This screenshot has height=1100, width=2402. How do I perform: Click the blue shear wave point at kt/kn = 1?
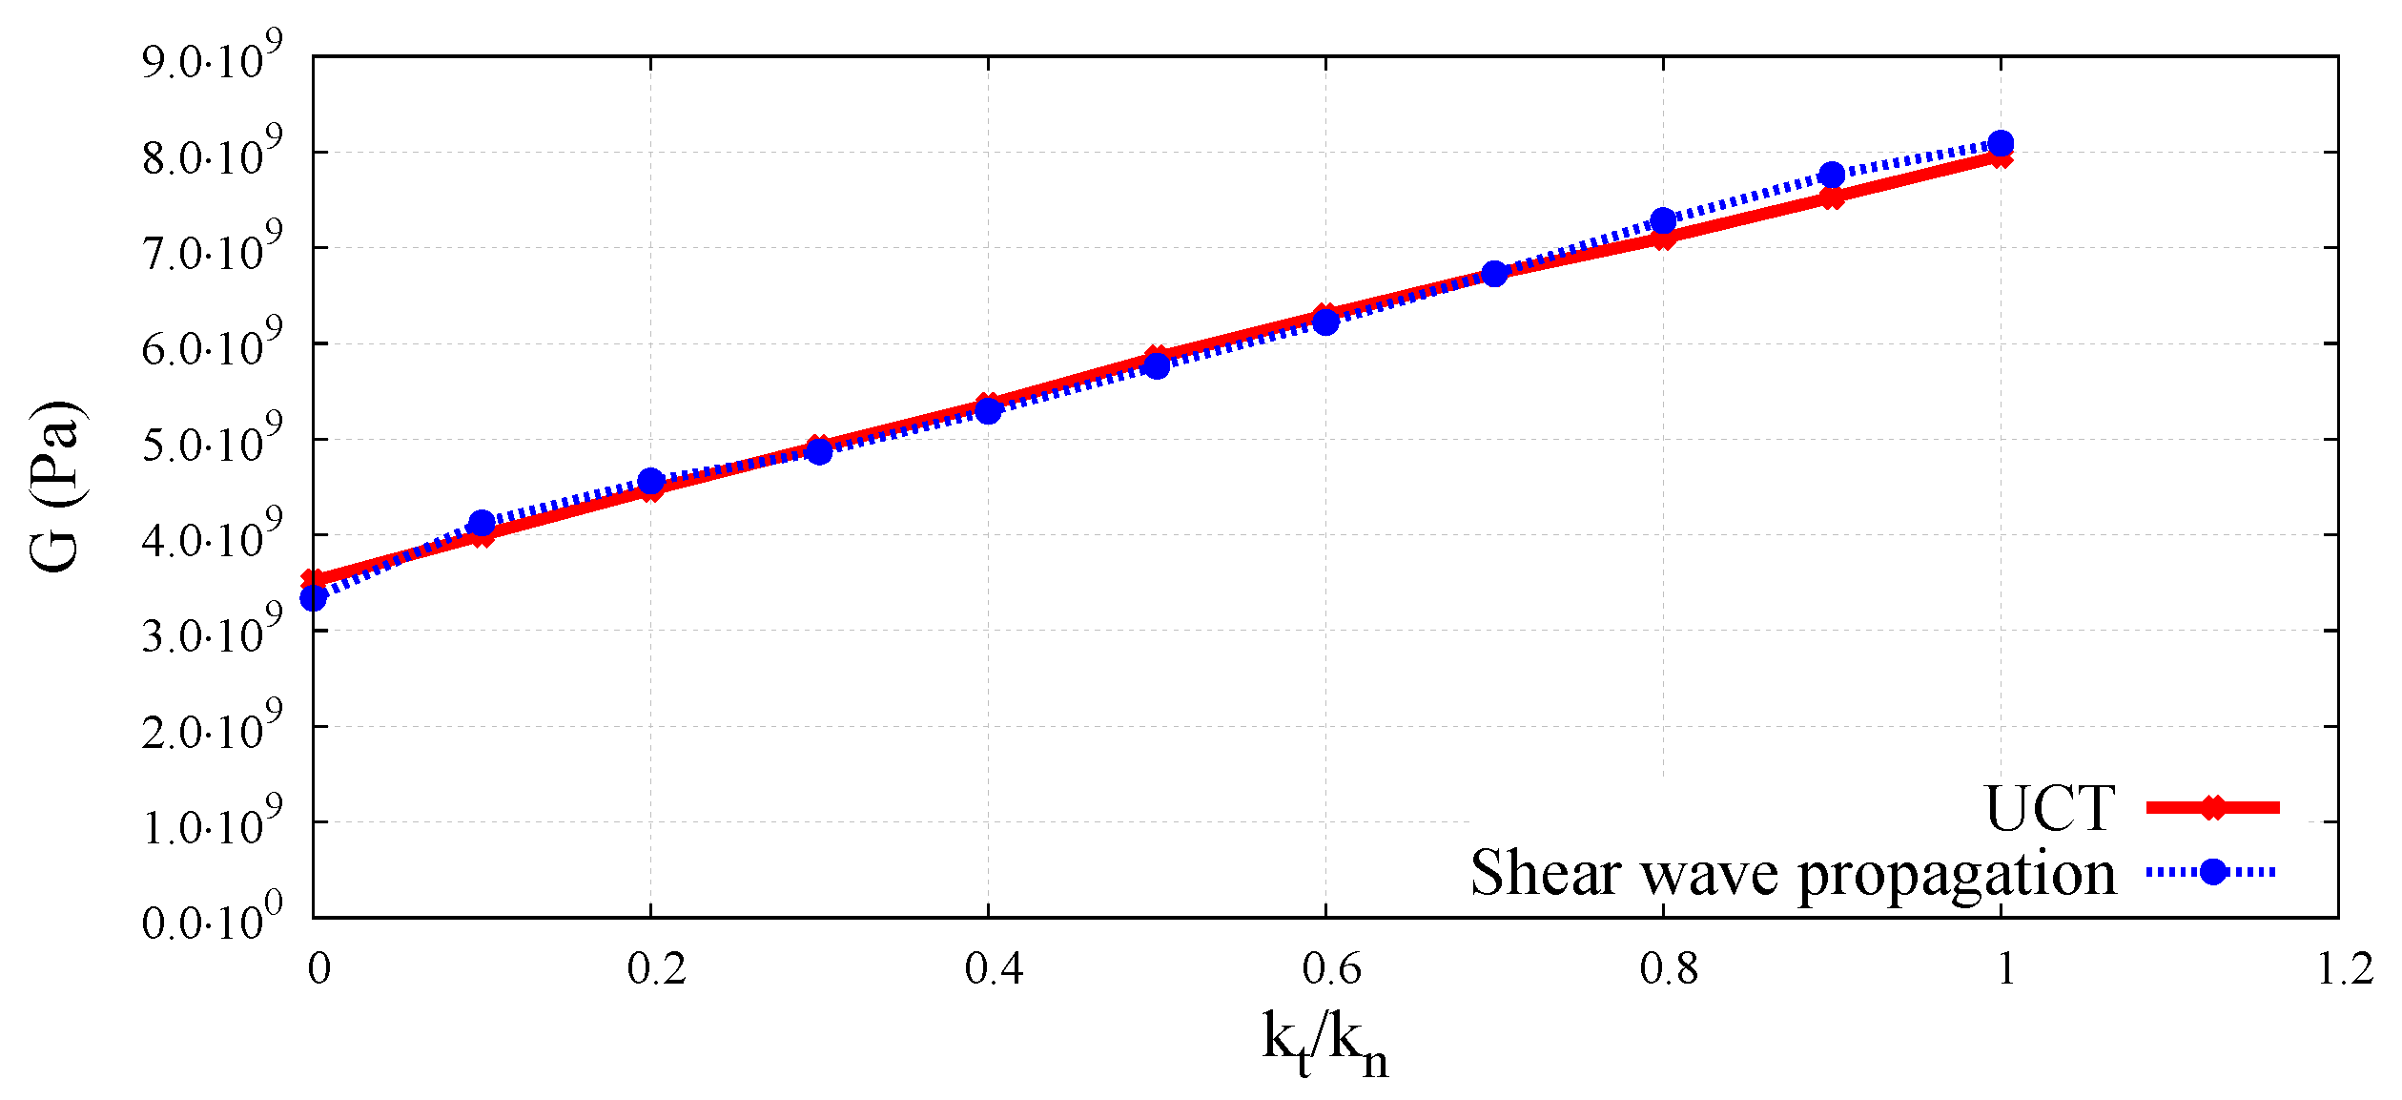(2001, 144)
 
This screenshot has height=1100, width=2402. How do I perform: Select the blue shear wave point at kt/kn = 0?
(314, 598)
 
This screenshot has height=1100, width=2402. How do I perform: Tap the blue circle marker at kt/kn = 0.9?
(1832, 175)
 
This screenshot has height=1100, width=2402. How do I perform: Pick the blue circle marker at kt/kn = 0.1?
(482, 523)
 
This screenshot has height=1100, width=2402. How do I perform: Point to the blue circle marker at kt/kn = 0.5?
(1157, 365)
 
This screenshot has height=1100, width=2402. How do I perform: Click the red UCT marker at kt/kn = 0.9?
(1832, 197)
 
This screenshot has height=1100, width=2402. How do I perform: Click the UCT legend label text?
(2049, 810)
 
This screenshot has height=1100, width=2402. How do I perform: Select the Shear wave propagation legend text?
(1792, 873)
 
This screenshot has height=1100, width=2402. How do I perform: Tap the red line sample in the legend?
(2212, 808)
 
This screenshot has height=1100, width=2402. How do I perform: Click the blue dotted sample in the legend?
(2212, 872)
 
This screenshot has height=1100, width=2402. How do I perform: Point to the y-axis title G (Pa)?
(55, 487)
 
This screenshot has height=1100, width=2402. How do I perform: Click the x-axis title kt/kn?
(1324, 1045)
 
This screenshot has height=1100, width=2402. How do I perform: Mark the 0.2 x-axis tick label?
(656, 969)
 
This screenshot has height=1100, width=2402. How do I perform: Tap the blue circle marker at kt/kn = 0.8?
(1663, 221)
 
